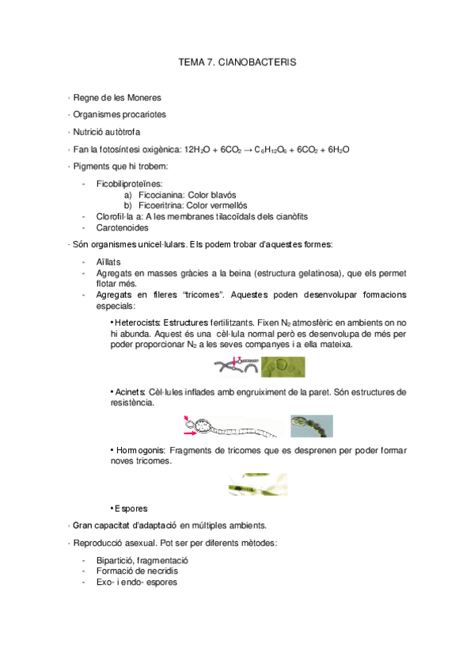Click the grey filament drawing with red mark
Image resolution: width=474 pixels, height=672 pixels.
coord(235,366)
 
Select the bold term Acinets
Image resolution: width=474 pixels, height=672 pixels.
coord(131,391)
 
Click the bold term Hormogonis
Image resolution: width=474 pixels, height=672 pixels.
coord(140,450)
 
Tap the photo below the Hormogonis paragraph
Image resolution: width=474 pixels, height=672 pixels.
coord(257,484)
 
